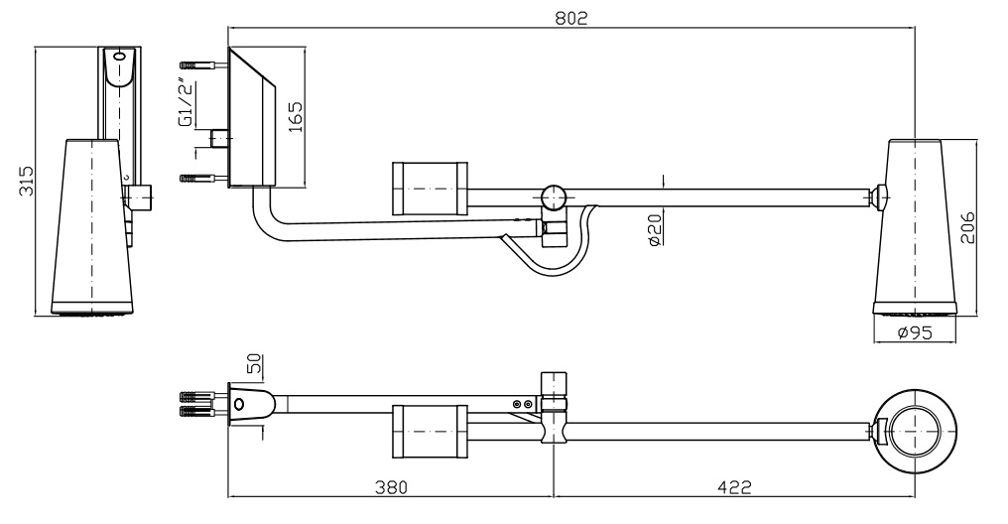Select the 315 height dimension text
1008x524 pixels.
(x=25, y=181)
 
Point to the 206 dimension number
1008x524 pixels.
(x=967, y=227)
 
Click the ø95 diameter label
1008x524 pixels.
(x=914, y=332)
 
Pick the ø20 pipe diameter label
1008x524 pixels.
(x=655, y=229)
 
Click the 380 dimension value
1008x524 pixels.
(x=391, y=486)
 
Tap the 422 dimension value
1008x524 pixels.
(x=734, y=486)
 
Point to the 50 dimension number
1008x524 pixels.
(x=254, y=364)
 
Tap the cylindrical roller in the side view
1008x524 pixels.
(x=430, y=189)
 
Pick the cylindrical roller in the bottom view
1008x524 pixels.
(x=430, y=432)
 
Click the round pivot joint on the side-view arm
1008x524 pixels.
(x=553, y=197)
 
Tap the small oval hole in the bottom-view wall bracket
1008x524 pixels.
(x=239, y=404)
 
